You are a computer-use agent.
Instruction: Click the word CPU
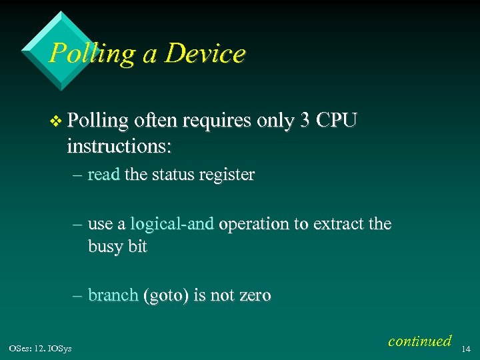(337, 121)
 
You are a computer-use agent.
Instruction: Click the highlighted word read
(103, 175)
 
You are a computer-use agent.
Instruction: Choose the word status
(174, 175)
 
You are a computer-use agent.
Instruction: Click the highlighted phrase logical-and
(172, 224)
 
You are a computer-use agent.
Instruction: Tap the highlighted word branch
(113, 295)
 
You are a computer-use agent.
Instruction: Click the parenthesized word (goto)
(165, 295)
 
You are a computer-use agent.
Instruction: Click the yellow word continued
(419, 341)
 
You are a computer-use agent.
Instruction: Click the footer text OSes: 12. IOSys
(41, 347)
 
